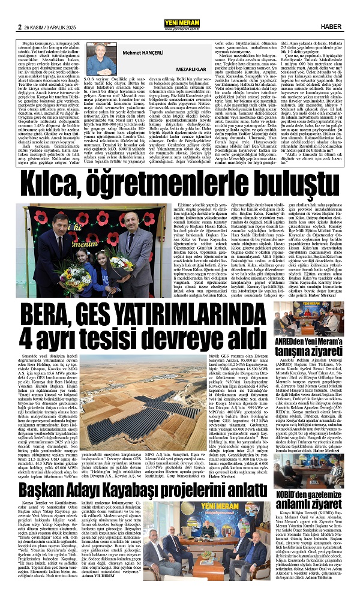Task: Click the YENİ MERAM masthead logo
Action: click(179, 8)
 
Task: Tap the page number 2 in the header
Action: click(20, 10)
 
